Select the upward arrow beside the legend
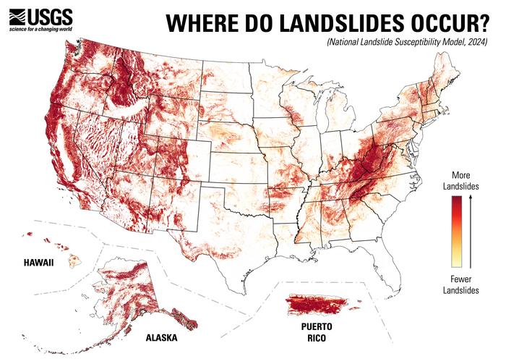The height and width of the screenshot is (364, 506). [x=473, y=232]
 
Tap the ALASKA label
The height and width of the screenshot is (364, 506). [x=160, y=338]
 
